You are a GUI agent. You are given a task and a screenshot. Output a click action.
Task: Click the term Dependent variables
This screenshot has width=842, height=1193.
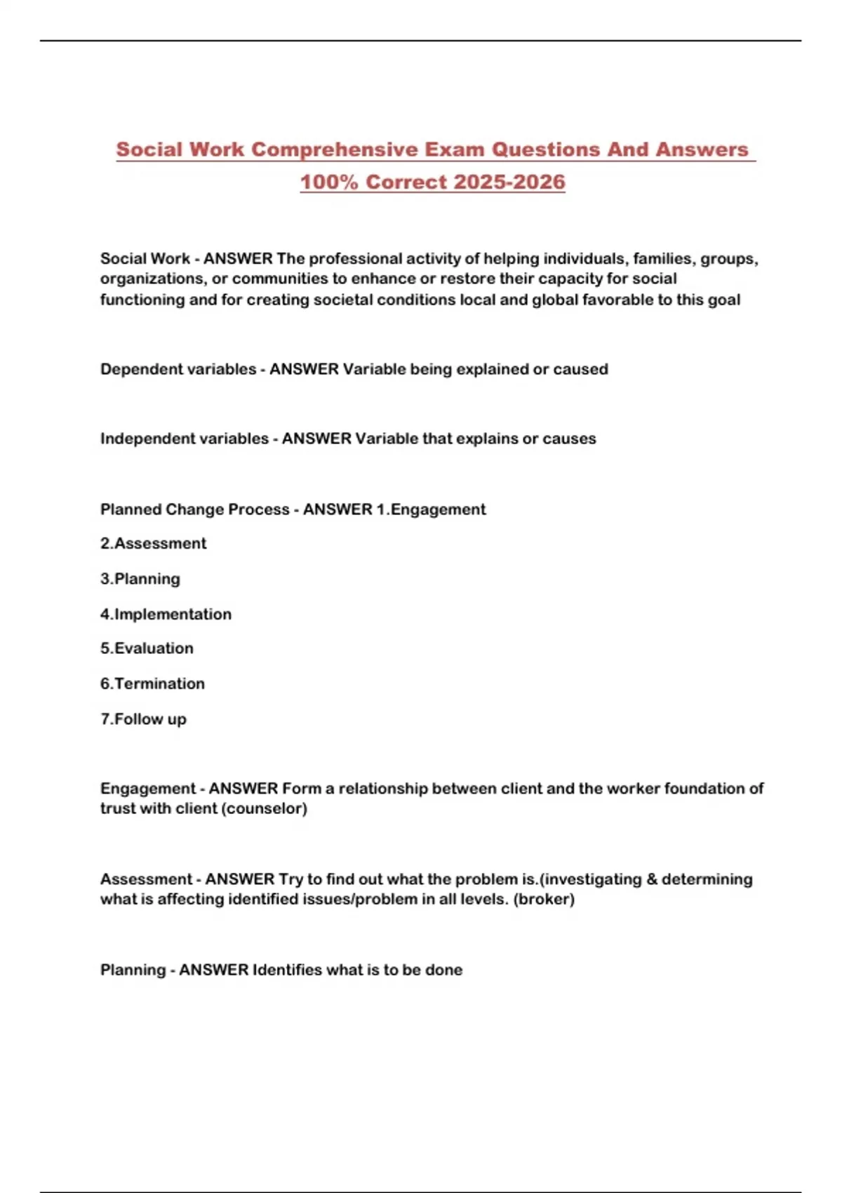[x=178, y=369]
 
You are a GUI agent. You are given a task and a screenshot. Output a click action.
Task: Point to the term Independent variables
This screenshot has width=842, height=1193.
[x=185, y=439]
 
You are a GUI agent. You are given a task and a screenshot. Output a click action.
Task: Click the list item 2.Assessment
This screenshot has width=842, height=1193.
[x=153, y=543]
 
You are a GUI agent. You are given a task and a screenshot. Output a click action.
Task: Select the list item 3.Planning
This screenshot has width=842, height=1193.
[x=140, y=579]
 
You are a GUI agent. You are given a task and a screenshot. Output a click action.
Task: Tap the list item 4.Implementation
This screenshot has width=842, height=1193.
[x=166, y=614]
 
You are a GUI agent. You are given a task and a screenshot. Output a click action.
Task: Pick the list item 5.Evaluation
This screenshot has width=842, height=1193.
[x=147, y=648]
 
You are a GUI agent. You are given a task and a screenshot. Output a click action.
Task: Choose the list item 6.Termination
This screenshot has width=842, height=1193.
[x=152, y=684]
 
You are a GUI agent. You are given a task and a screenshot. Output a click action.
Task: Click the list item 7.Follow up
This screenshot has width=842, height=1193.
[x=143, y=719]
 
